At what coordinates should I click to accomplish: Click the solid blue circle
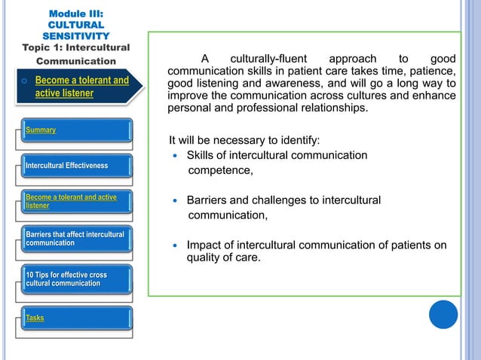[443, 314]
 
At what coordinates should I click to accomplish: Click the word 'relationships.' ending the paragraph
[333, 107]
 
